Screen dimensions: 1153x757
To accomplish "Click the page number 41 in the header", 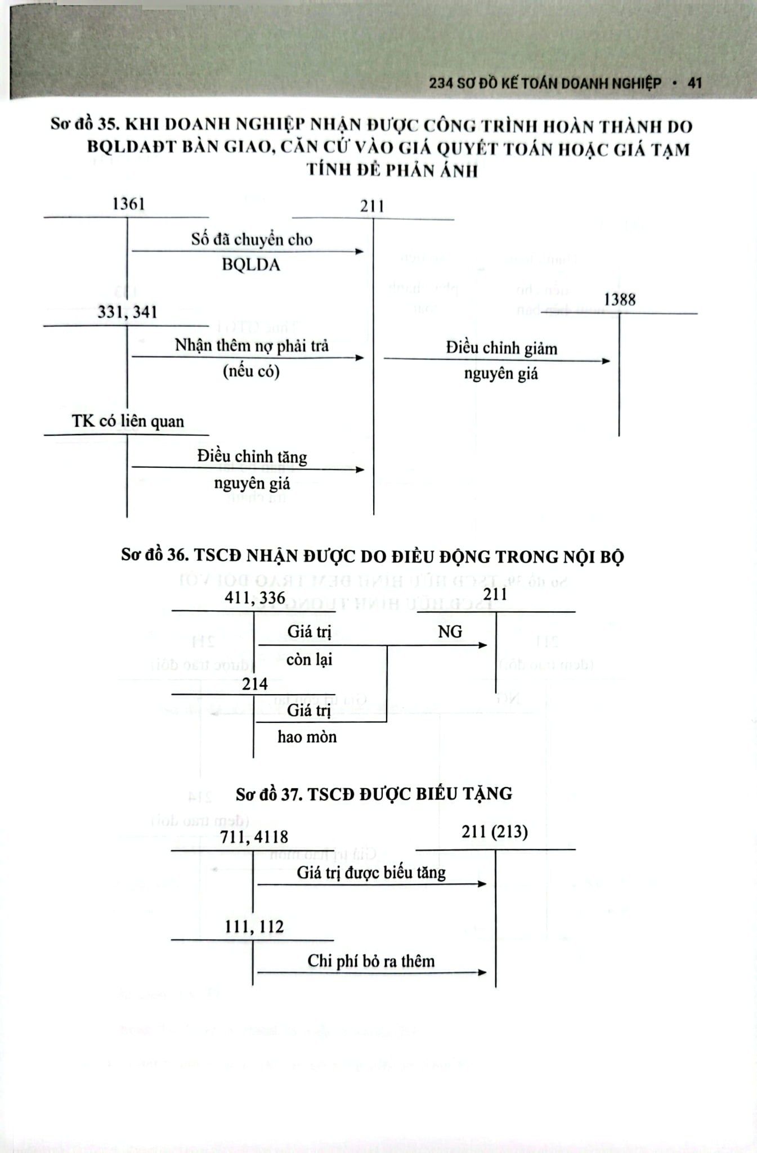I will (x=695, y=83).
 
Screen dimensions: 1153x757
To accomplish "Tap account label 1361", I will (x=128, y=204).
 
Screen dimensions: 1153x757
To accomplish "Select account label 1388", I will (x=619, y=300).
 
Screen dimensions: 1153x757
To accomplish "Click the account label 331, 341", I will (x=127, y=312).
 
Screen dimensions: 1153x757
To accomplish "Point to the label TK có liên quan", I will (x=128, y=421).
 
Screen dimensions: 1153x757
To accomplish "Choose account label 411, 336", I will (x=254, y=597).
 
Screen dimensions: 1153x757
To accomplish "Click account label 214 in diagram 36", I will (x=254, y=684).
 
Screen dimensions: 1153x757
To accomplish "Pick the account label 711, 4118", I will (x=254, y=837).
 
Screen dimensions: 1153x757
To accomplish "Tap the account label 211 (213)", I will (x=495, y=832).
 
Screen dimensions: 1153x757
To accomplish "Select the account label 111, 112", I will (x=254, y=927).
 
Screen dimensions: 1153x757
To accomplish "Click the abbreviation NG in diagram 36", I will (x=450, y=632).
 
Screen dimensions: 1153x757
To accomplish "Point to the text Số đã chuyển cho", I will (x=252, y=239).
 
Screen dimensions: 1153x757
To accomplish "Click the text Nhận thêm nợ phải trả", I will (x=252, y=345).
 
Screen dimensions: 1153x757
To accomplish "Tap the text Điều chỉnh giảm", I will (x=501, y=348).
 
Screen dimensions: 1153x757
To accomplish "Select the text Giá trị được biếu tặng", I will (x=371, y=873).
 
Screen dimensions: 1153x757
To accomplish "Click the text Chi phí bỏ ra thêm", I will (x=371, y=961).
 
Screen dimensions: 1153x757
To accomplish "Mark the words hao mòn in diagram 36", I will (x=307, y=736).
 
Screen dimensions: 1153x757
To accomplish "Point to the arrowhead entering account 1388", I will (x=606, y=361).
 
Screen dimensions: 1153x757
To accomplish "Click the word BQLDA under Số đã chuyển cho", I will (x=250, y=265).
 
